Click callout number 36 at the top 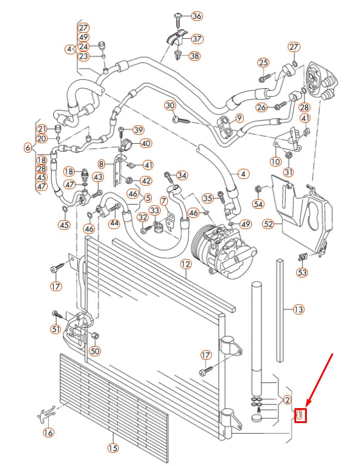point(196,16)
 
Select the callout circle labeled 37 point(196,38)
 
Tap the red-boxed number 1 point(301,414)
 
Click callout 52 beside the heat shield point(269,224)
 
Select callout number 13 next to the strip point(299,309)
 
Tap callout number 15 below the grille point(112,448)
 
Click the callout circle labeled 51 point(56,329)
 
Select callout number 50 point(95,350)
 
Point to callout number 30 point(170,105)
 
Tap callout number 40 point(146,143)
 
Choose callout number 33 point(155,211)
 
